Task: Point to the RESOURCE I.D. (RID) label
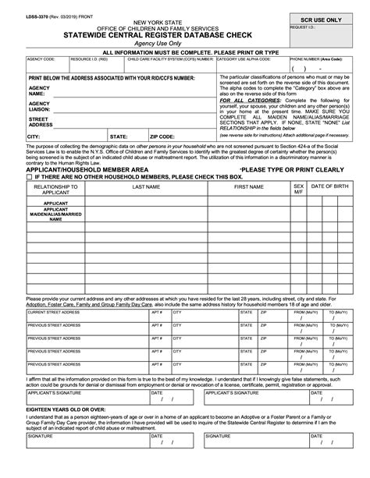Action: click(88, 58)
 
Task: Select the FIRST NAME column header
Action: click(249, 187)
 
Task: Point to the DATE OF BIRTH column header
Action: click(331, 187)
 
